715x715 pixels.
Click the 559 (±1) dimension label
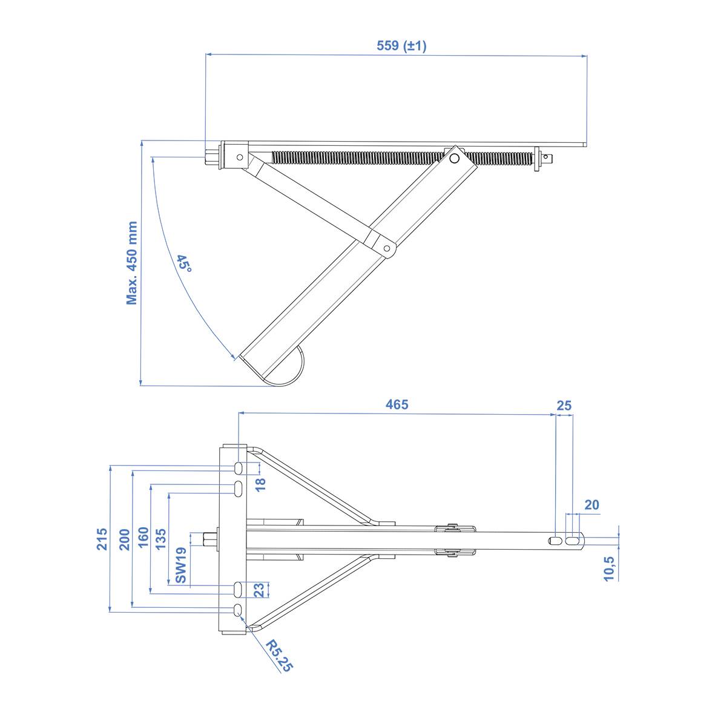(401, 45)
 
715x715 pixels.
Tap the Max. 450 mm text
(132, 263)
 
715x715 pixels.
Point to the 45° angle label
(185, 263)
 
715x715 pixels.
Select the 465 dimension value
(397, 404)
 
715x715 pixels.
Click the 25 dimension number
(564, 406)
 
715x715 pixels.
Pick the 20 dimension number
(591, 505)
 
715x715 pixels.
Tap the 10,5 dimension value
(609, 568)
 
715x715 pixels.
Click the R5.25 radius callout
(278, 656)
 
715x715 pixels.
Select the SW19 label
(181, 565)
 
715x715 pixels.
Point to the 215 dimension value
(102, 539)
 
